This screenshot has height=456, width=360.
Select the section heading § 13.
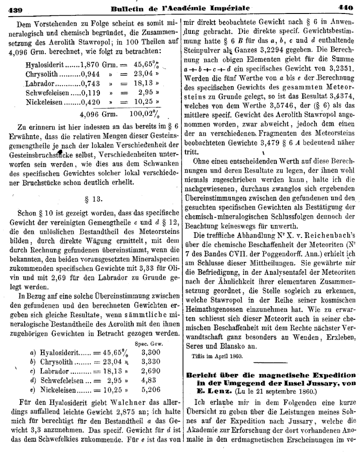[x=92, y=198]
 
